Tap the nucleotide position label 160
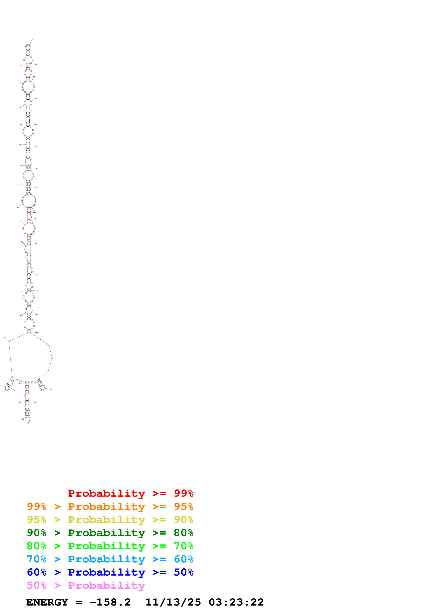pyautogui.click(x=18, y=81)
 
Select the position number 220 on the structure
pyautogui.click(x=36, y=125)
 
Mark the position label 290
pyautogui.click(x=37, y=275)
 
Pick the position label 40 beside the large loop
pyautogui.click(x=4, y=337)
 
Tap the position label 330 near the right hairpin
pyautogui.click(x=51, y=390)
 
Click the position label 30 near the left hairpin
pyautogui.click(x=14, y=390)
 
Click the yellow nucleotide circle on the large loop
pyautogui.click(x=20, y=381)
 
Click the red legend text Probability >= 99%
pyautogui.click(x=130, y=493)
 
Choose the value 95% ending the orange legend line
pyautogui.click(x=183, y=506)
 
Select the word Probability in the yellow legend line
pyautogui.click(x=106, y=520)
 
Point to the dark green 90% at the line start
pyautogui.click(x=37, y=533)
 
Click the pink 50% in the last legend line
pyautogui.click(x=37, y=585)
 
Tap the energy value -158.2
pyautogui.click(x=110, y=602)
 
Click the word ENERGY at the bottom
pyautogui.click(x=47, y=602)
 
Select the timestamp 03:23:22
pyautogui.click(x=236, y=602)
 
